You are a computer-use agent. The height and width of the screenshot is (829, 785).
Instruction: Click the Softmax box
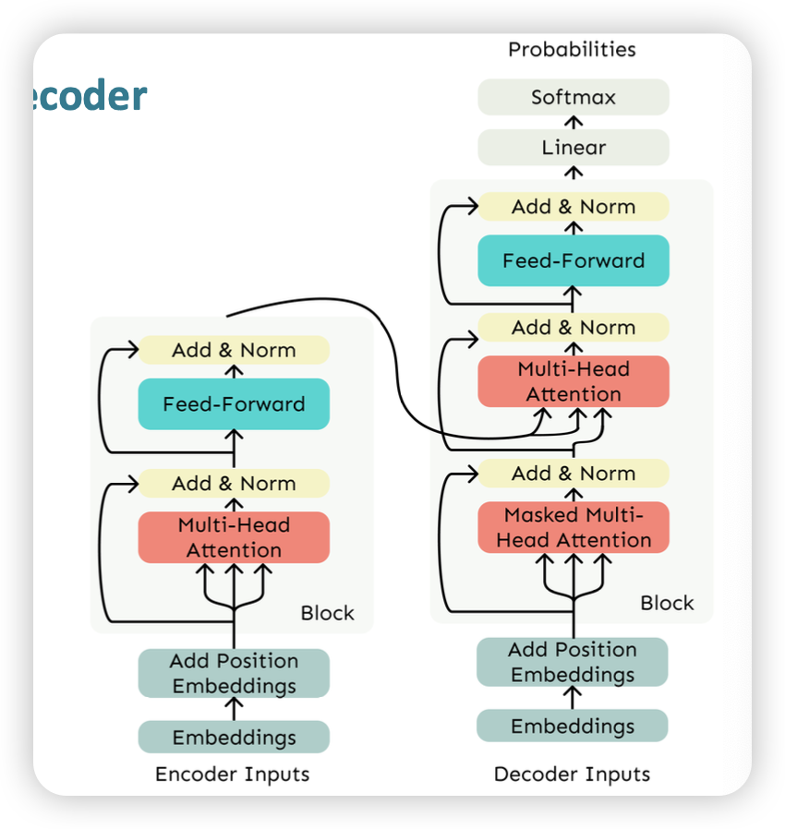point(573,97)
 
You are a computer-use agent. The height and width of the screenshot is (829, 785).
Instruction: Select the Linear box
point(573,148)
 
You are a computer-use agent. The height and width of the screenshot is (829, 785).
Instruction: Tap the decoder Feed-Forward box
point(573,260)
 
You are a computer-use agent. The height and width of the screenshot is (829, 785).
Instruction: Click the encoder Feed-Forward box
point(234,403)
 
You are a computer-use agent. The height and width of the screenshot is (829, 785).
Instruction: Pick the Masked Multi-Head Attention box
point(573,528)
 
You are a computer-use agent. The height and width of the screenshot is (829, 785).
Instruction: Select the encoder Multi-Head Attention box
point(234,537)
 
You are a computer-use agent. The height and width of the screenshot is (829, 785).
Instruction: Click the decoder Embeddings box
point(573,726)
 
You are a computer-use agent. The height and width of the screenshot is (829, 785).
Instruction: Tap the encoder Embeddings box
point(234,738)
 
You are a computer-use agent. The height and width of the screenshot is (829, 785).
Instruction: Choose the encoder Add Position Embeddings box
point(234,673)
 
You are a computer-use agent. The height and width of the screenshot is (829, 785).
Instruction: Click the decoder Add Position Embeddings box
point(573,662)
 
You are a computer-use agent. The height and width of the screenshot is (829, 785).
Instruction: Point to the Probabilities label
point(572,49)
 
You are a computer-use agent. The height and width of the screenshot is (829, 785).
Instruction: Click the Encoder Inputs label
point(233,774)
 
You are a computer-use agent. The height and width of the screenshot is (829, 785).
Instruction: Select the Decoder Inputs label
point(572,774)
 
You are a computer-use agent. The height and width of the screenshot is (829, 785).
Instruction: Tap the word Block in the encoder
point(327,613)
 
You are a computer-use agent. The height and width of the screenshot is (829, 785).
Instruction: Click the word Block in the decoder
point(667,603)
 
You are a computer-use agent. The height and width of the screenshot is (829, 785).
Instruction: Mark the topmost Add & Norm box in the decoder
point(573,207)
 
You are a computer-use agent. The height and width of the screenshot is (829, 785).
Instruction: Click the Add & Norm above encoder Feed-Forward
point(234,350)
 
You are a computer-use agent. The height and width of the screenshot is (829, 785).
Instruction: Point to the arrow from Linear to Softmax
point(574,122)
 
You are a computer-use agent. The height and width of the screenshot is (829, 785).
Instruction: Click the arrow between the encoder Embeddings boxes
point(234,709)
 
